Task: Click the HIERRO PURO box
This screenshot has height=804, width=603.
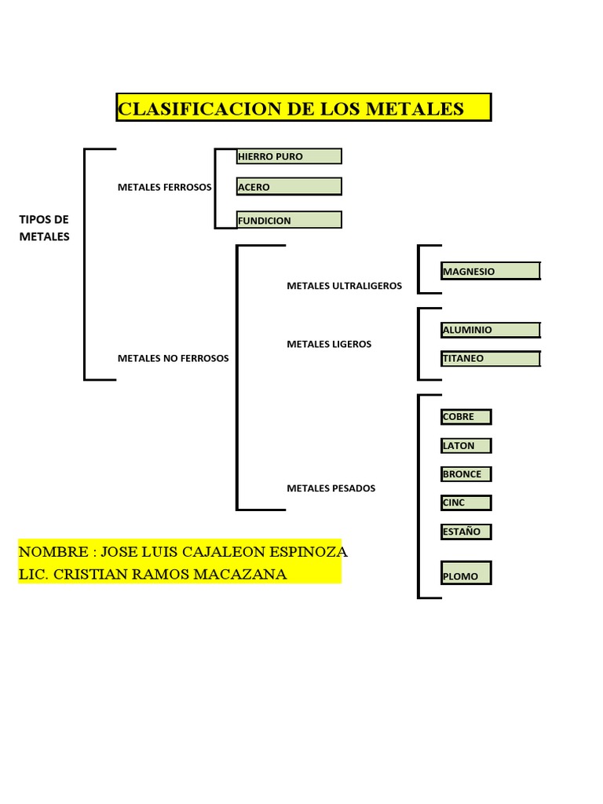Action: click(x=289, y=156)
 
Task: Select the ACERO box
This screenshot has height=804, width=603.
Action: click(x=289, y=187)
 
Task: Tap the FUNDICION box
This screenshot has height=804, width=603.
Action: click(x=289, y=220)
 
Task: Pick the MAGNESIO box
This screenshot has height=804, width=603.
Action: click(x=491, y=271)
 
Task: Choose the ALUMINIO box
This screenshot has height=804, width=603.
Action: click(x=491, y=330)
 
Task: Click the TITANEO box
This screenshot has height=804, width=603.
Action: click(x=491, y=359)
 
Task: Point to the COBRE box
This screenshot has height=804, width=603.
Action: click(x=466, y=417)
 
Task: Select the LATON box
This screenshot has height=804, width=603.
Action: click(x=466, y=445)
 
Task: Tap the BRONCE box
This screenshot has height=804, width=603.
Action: click(x=466, y=474)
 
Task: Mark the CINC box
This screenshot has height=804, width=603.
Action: click(x=466, y=502)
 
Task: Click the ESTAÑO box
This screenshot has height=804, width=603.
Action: click(x=466, y=532)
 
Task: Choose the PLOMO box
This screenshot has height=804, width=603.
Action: click(x=466, y=574)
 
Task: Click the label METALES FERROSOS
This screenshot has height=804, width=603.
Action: click(x=165, y=188)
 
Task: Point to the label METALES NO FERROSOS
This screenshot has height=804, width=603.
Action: click(x=174, y=358)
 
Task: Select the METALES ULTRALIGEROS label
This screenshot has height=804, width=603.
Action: click(x=344, y=286)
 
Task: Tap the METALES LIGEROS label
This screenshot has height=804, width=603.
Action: click(x=329, y=344)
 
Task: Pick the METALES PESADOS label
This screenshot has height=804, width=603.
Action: click(x=331, y=488)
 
